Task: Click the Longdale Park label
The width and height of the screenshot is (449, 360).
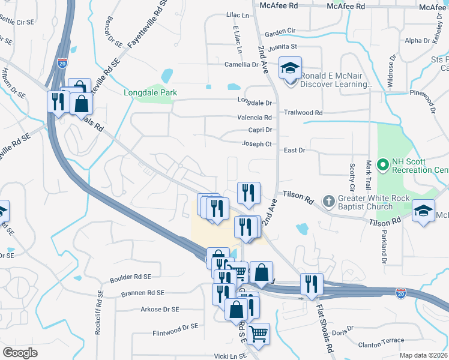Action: [x=150, y=93]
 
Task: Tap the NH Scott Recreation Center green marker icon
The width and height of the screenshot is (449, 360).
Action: [x=382, y=164]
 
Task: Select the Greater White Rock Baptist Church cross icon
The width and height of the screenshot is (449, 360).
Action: [x=328, y=200]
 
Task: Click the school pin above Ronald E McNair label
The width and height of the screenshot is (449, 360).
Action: [x=291, y=68]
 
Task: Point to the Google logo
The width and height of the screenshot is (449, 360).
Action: [x=20, y=353]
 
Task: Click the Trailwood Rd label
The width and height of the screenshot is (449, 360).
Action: [x=303, y=113]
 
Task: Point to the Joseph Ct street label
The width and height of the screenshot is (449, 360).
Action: [x=257, y=144]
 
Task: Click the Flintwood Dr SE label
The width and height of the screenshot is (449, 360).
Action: [x=175, y=326]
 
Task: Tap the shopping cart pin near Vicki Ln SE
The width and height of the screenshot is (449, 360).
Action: [x=258, y=334]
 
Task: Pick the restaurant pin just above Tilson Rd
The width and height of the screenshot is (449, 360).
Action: [x=249, y=193]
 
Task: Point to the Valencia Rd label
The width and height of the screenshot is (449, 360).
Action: [x=255, y=118]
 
